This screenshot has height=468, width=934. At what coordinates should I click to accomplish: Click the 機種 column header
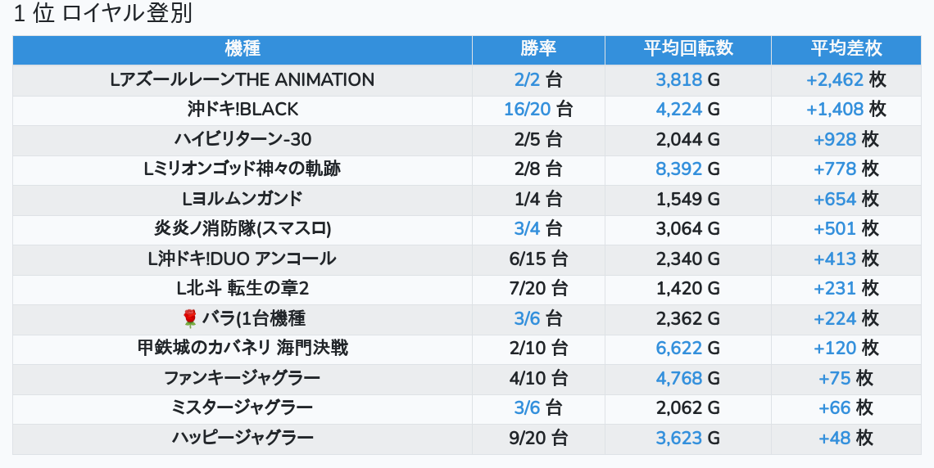point(243,49)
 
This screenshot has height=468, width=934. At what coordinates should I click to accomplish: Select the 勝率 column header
point(538,49)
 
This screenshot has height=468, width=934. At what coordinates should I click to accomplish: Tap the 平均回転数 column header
point(688,49)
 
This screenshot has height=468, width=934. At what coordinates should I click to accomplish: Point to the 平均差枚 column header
point(846,49)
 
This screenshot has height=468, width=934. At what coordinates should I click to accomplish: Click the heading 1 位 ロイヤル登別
point(103,15)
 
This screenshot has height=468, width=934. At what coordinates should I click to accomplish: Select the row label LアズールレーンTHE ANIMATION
point(243,80)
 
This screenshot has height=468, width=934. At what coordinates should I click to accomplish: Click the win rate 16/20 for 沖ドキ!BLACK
point(538,110)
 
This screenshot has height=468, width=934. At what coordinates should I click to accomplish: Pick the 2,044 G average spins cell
point(688,140)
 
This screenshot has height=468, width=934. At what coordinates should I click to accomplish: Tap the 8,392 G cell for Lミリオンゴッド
point(688,169)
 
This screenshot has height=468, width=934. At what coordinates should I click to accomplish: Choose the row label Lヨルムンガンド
point(243,199)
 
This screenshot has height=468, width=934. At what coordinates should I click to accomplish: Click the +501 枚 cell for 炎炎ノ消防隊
point(846,229)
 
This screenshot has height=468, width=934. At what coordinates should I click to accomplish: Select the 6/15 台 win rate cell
point(538,259)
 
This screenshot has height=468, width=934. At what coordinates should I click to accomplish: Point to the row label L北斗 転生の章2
point(243,289)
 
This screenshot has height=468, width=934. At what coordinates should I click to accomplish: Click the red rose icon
point(190,318)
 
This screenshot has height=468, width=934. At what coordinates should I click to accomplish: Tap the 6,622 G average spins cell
point(688,349)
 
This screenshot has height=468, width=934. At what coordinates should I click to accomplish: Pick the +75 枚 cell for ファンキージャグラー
point(846,378)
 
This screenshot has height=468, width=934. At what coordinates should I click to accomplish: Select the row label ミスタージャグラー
point(243,407)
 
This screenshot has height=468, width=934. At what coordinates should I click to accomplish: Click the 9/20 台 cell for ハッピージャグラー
point(538,438)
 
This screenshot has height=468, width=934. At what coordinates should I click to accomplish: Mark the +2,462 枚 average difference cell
point(846,80)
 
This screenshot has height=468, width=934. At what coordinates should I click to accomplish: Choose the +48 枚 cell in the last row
point(846,438)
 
